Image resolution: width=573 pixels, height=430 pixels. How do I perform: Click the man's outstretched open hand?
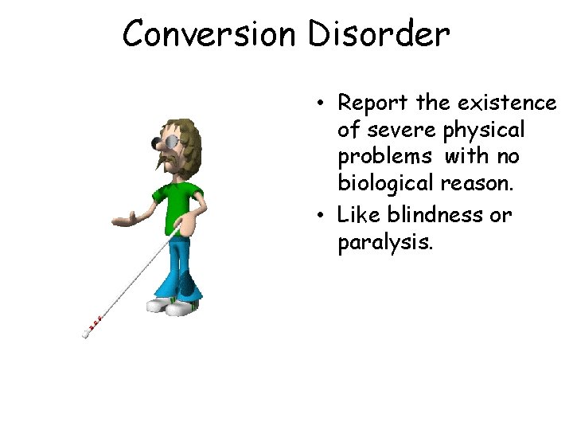124,218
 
